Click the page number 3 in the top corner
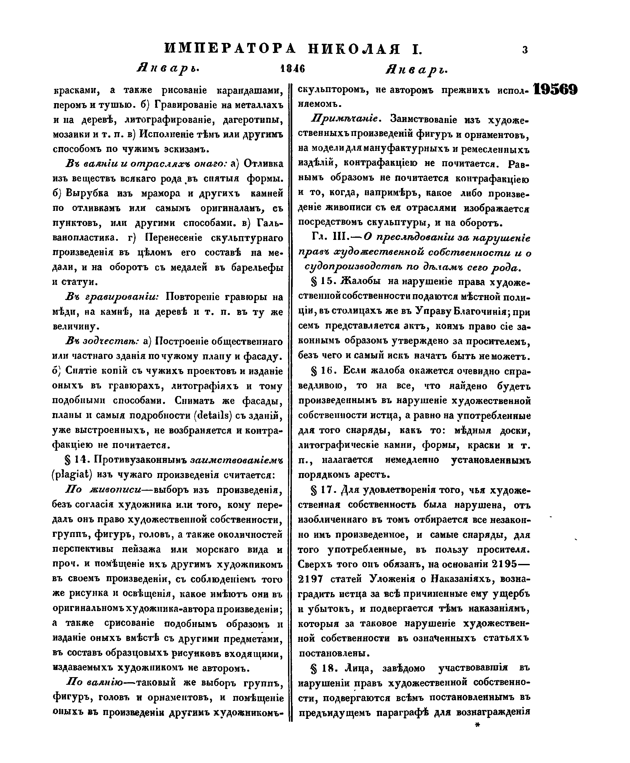point(525,50)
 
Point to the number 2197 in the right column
point(310,579)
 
